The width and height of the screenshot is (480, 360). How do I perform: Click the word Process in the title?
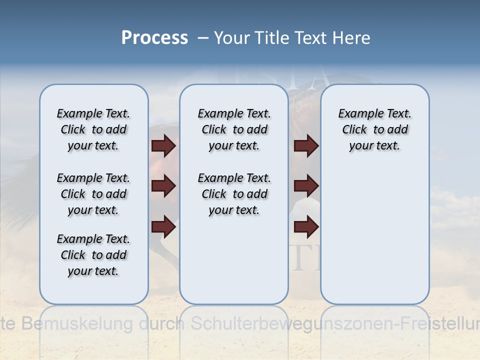154,37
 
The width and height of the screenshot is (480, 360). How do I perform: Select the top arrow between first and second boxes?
163,146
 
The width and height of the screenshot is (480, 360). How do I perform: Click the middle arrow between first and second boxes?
163,186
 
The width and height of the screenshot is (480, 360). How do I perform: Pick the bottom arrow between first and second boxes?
163,227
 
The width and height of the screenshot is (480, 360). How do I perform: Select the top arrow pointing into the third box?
306,146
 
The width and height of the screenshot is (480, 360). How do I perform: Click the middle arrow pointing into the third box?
306,186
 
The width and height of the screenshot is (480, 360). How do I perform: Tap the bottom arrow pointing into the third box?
306,227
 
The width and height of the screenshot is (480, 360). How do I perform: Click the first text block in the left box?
93,129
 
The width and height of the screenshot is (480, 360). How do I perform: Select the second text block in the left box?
93,194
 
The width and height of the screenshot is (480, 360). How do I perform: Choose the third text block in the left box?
93,255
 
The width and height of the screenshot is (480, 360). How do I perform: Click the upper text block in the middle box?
234,129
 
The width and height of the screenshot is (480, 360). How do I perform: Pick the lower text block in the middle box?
234,194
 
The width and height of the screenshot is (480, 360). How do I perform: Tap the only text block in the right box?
374,129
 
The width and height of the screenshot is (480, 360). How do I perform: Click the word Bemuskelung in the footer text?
78,323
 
